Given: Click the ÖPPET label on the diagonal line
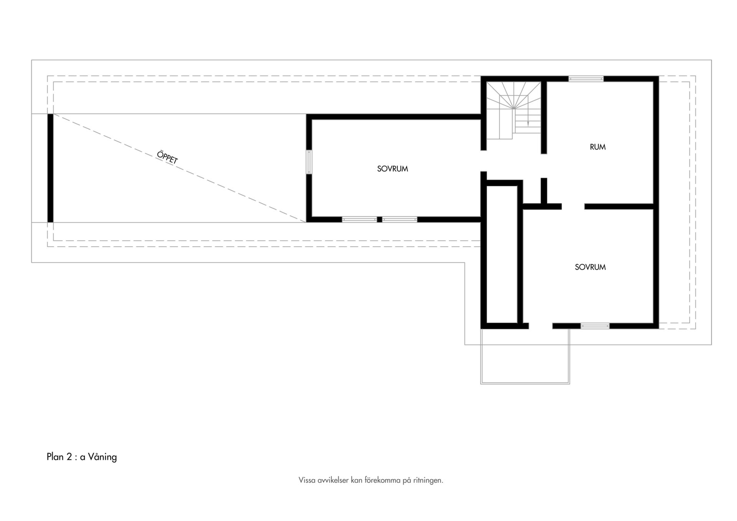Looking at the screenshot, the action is click(167, 157).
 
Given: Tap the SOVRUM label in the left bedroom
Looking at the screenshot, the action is click(392, 169).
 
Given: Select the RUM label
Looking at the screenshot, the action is click(598, 147).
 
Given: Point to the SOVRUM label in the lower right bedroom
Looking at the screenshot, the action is click(590, 267).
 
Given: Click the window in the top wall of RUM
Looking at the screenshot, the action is click(586, 79).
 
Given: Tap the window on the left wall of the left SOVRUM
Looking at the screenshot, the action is click(309, 162).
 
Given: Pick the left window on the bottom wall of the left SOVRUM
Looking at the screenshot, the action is click(359, 220).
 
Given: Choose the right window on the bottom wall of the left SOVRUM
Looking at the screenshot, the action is click(400, 220).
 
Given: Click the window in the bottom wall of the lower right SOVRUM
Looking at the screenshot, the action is click(595, 326).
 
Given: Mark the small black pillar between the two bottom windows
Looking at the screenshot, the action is click(380, 220).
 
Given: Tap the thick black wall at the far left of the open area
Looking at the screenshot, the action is click(50, 168).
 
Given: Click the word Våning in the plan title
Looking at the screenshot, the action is click(102, 457).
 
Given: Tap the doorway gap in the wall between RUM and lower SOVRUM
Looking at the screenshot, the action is click(573, 207).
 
